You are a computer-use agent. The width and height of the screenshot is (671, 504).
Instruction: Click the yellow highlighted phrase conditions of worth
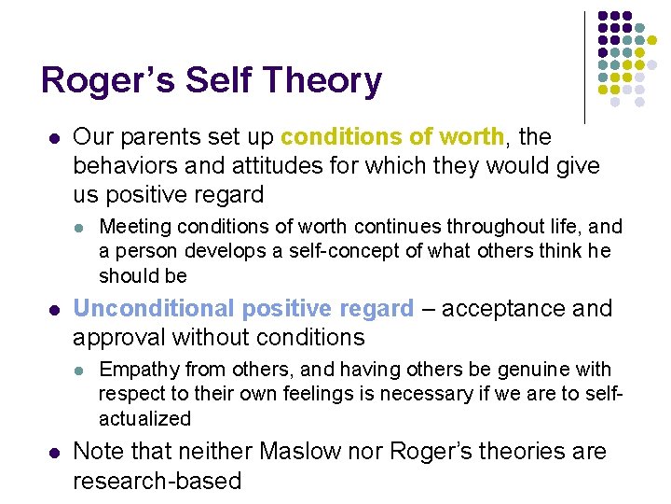pyautogui.click(x=391, y=137)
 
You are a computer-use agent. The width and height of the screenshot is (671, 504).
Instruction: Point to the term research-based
pyautogui.click(x=157, y=481)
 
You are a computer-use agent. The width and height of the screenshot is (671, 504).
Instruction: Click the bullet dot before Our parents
pyautogui.click(x=54, y=138)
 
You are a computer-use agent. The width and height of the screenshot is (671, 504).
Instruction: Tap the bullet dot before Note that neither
pyautogui.click(x=54, y=453)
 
